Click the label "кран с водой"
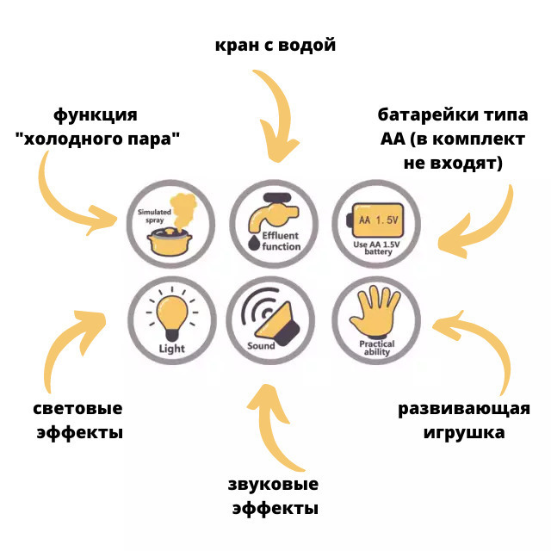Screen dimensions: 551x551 275,45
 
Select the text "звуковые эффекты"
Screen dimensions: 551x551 274,495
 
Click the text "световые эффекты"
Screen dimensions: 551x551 79,419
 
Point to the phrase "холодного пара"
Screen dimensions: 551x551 103,137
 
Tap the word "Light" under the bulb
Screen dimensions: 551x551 171,349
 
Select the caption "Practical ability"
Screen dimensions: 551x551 376,348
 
